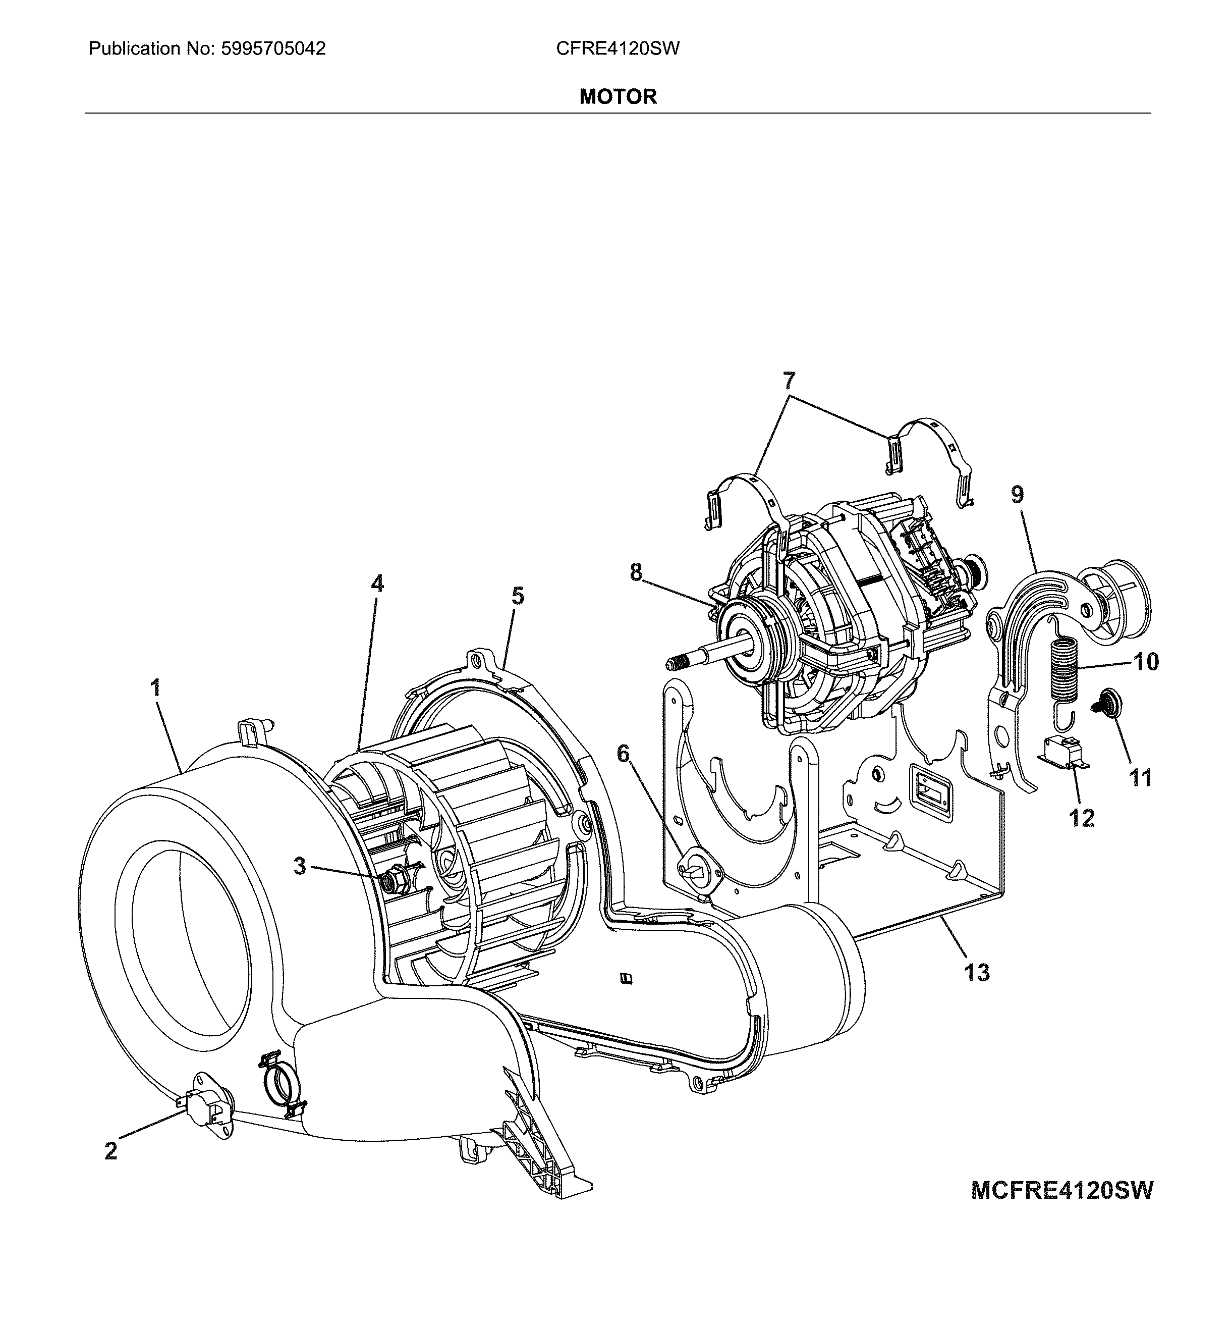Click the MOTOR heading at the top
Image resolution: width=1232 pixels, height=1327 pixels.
pos(618,97)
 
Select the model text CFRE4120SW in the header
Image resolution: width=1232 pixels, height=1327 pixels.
pos(618,48)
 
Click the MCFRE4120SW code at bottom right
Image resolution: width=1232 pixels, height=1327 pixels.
pos(1061,1190)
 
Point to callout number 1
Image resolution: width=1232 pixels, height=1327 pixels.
pos(155,687)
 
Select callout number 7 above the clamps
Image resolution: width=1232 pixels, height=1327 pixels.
pos(789,382)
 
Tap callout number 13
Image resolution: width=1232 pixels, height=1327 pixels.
pos(977,973)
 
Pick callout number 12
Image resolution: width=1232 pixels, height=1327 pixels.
pos(1082,818)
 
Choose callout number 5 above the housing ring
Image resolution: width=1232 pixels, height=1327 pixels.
pos(518,596)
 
